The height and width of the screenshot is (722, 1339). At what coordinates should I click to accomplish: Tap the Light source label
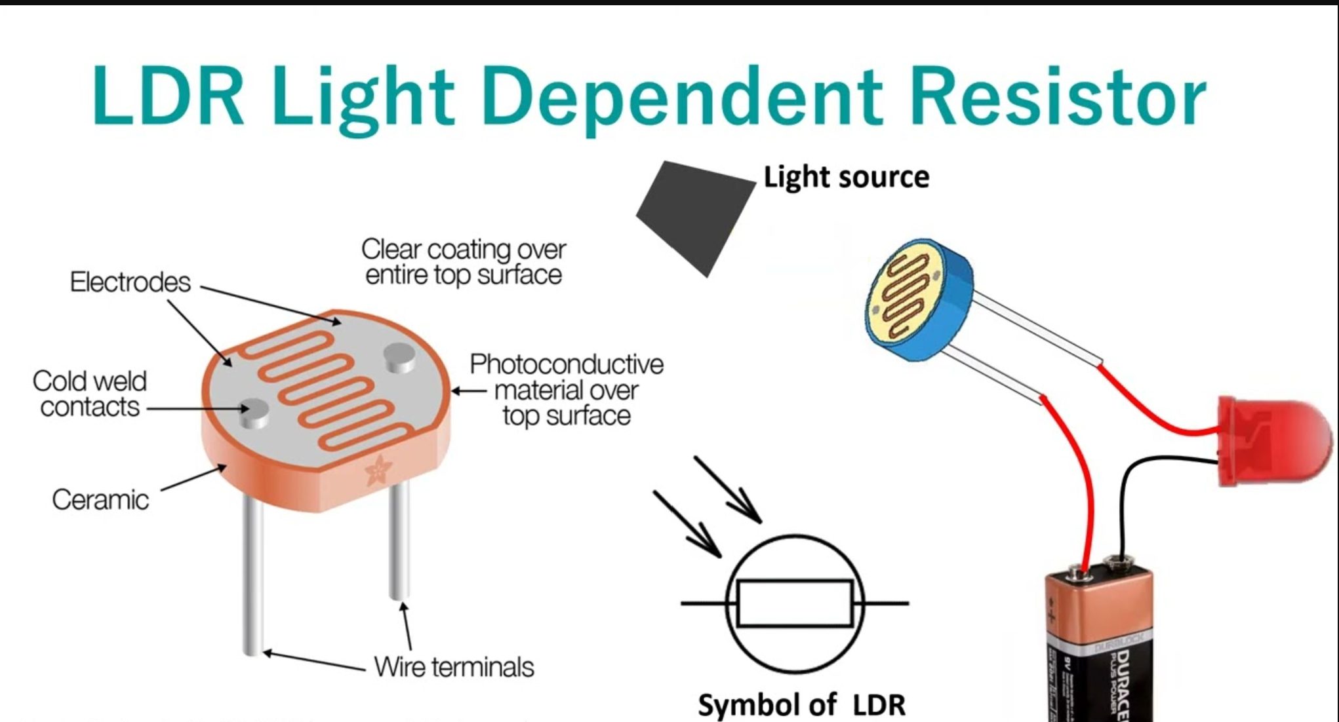click(x=846, y=178)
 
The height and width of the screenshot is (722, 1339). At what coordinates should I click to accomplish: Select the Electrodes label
click(x=130, y=282)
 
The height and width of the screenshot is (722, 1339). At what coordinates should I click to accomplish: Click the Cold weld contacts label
click(x=89, y=394)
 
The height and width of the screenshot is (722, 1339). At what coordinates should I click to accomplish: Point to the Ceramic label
click(x=100, y=500)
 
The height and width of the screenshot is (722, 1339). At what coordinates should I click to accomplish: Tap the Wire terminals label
click(x=454, y=668)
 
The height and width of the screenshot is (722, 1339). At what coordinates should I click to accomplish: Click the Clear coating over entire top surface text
click(x=463, y=262)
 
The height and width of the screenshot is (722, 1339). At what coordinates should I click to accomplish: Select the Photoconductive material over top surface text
click(x=567, y=390)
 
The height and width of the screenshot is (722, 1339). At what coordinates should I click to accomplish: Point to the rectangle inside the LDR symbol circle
click(x=795, y=603)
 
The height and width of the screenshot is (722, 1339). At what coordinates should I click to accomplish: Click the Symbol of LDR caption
click(x=801, y=705)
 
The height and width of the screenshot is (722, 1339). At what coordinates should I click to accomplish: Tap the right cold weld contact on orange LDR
click(x=399, y=357)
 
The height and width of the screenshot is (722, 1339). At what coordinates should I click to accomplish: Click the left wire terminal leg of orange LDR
click(x=253, y=577)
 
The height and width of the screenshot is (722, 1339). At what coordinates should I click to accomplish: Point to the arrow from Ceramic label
click(x=193, y=478)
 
